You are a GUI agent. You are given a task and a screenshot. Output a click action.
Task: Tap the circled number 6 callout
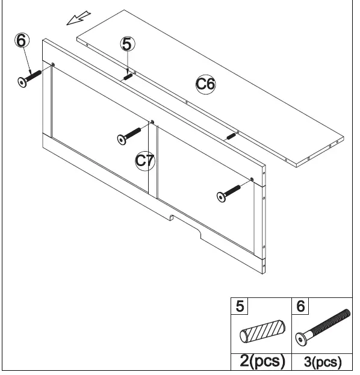(x=22, y=41)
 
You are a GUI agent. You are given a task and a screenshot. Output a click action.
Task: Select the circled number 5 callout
(x=128, y=43)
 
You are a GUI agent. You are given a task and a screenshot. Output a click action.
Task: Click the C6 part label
(x=206, y=84)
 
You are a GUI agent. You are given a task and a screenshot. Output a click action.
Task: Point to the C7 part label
(x=145, y=160)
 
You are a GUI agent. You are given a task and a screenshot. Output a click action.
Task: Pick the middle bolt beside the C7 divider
(x=132, y=134)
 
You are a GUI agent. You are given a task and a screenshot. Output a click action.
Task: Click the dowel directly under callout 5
(x=128, y=76)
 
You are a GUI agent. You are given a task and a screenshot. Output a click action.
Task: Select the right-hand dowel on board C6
(x=231, y=135)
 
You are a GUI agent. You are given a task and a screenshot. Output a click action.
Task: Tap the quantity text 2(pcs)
(x=260, y=361)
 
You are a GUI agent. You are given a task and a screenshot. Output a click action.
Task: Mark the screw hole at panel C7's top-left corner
(x=53, y=65)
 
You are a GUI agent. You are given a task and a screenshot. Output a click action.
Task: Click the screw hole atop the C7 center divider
(x=152, y=122)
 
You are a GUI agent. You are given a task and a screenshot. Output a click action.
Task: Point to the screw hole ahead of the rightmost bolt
(x=251, y=179)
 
